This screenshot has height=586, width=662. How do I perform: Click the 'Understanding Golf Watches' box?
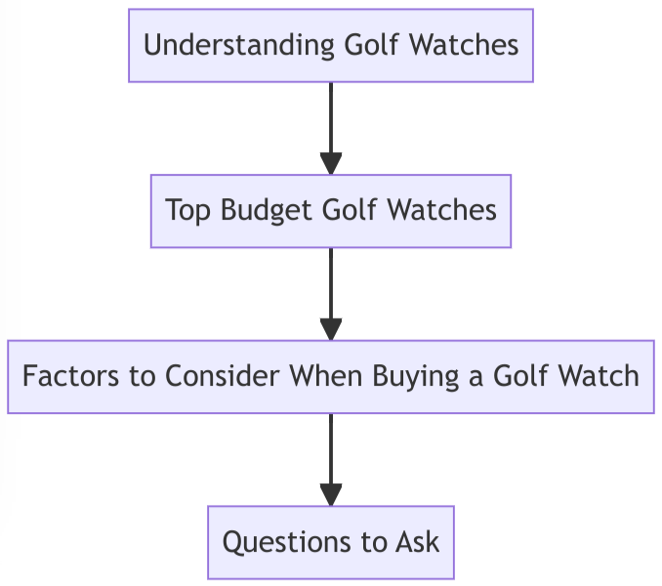(x=331, y=46)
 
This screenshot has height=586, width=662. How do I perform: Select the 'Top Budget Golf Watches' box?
(x=331, y=211)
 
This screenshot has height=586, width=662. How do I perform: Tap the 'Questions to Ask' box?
(x=331, y=542)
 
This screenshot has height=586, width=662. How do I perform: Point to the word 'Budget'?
(x=257, y=211)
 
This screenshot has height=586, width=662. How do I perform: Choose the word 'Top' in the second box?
(x=188, y=211)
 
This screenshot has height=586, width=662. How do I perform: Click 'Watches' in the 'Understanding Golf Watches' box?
(x=463, y=46)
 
